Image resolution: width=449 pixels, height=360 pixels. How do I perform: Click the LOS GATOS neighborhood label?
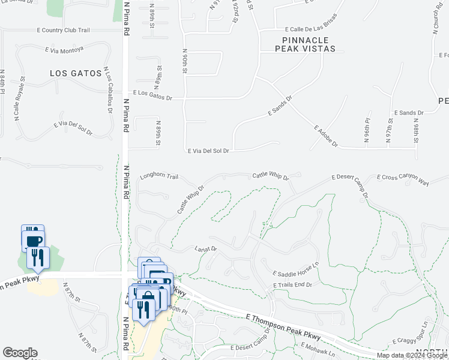(x=76, y=73)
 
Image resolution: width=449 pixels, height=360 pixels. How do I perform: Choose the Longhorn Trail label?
(x=159, y=177)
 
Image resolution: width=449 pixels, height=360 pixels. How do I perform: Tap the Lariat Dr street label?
(x=205, y=248)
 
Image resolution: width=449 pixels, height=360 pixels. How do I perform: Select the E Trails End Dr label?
(x=292, y=284)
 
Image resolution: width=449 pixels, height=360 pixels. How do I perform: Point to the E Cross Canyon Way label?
(x=403, y=179)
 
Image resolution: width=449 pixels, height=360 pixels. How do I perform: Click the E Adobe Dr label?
(x=327, y=137)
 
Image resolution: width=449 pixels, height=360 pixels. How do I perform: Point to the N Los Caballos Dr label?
(x=109, y=90)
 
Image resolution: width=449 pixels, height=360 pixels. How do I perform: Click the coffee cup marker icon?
(x=34, y=240)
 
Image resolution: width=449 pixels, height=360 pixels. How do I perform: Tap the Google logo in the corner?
(x=20, y=353)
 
